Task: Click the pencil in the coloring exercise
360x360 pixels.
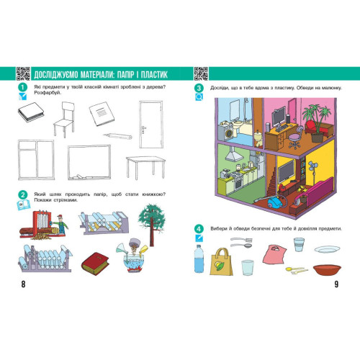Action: coord(118,136)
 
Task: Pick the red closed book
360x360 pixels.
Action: coord(95,264)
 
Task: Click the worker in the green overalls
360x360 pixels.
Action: coord(60,224)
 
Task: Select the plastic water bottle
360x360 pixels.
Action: coord(199,258)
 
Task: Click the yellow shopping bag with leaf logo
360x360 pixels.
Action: coord(221,262)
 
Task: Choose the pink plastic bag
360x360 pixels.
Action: coord(274,255)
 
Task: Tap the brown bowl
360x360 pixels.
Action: coord(327,270)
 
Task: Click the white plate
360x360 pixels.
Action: coord(327,249)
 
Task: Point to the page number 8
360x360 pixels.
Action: coord(23,284)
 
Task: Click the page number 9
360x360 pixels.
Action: coord(336,284)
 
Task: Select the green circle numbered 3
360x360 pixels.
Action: coord(199,88)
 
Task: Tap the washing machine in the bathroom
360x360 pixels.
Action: coord(228,132)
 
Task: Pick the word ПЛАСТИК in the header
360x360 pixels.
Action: coord(154,74)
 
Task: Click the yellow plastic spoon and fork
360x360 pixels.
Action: coord(297,270)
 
